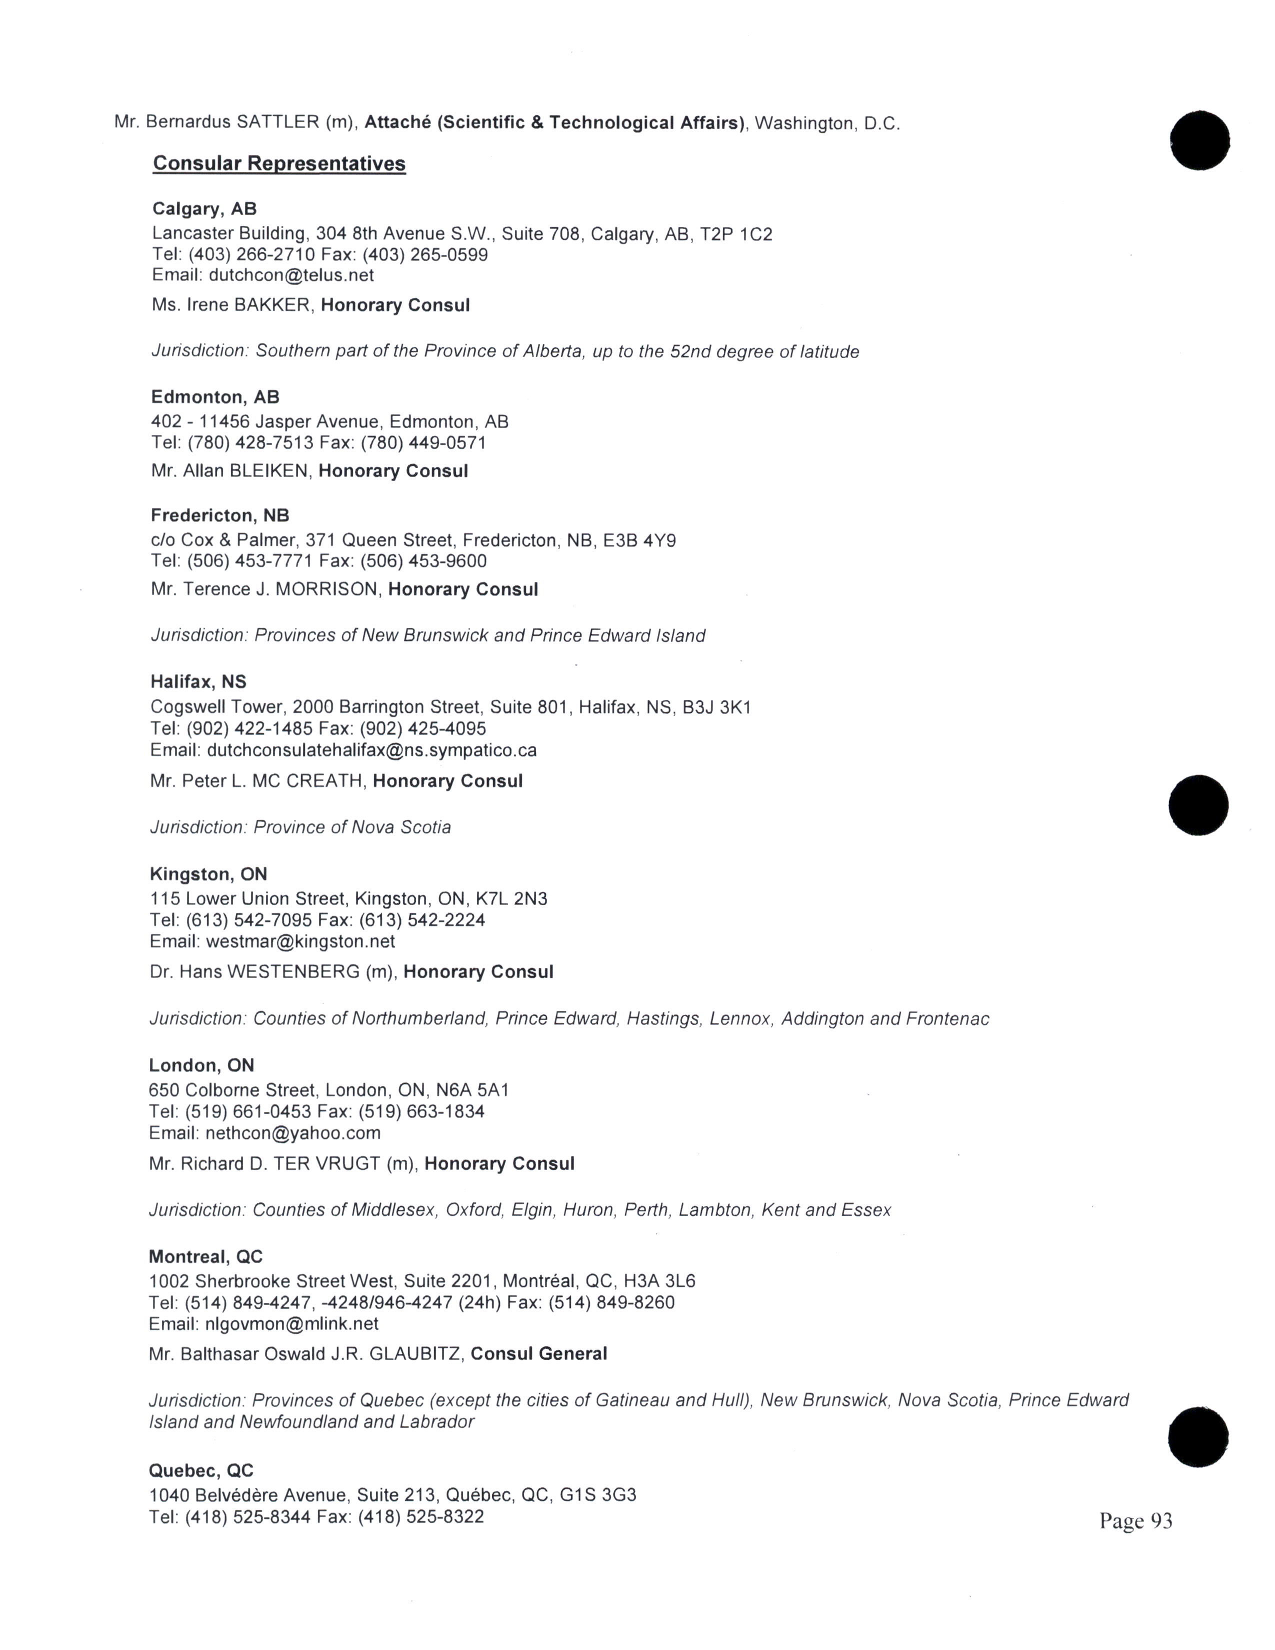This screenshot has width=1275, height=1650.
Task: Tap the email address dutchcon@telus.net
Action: [x=291, y=275]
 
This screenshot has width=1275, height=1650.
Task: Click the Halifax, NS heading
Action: [x=198, y=681]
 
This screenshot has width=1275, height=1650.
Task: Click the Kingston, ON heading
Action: [x=207, y=874]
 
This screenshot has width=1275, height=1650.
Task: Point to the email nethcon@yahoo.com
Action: [x=293, y=1132]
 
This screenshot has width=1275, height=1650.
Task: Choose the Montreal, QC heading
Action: [x=205, y=1256]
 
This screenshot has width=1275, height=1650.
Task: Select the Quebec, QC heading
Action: [x=201, y=1470]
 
